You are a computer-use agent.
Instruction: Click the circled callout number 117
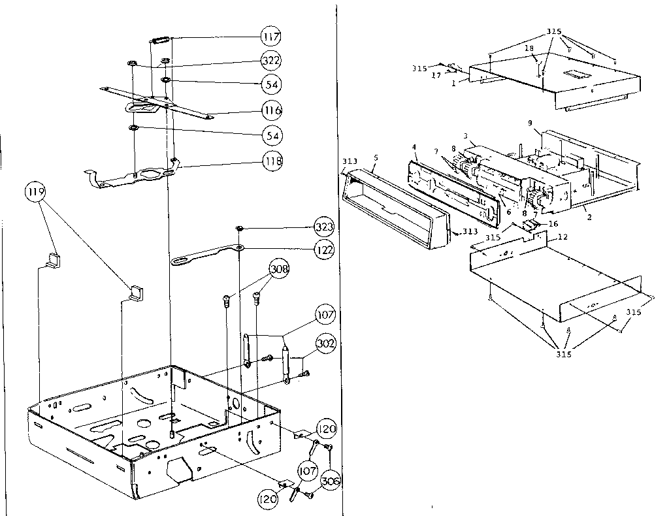271,37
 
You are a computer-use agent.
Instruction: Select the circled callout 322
271,60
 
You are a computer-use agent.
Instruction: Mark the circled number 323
323,227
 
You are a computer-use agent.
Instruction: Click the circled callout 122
323,249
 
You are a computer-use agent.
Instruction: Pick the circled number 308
278,269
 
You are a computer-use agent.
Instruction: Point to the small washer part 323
240,228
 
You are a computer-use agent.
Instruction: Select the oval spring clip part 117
161,40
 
